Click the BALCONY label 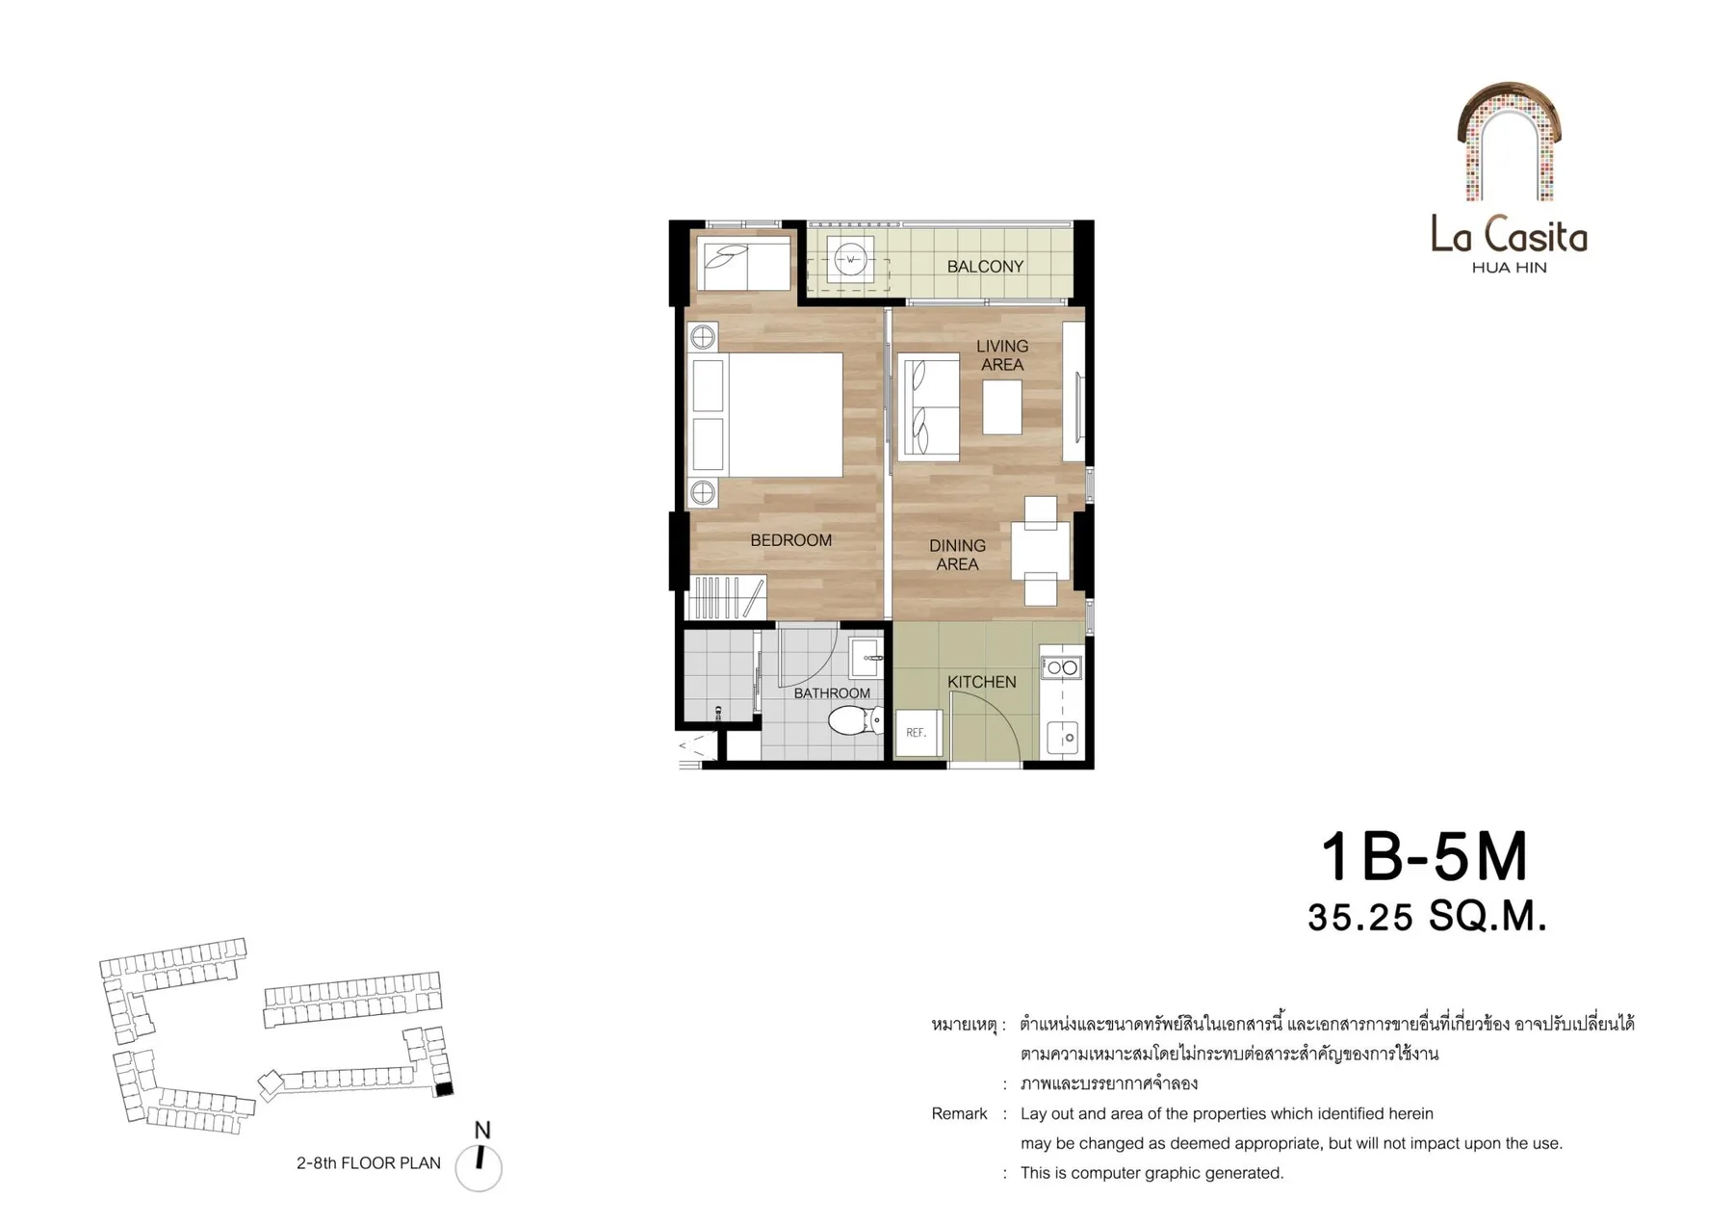(985, 267)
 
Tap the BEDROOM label (790, 540)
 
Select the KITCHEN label (981, 682)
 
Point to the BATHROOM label (832, 693)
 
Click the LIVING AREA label (1002, 355)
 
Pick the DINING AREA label (957, 555)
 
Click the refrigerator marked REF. (918, 733)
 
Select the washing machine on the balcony (850, 259)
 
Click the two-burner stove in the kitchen (1060, 666)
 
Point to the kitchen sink (1063, 737)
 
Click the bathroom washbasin (866, 658)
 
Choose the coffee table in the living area (1002, 407)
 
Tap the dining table (1040, 550)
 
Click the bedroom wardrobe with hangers (725, 597)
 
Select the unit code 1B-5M (1424, 857)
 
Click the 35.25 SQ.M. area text (1427, 917)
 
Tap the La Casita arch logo (1509, 142)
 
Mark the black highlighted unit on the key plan (444, 1089)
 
